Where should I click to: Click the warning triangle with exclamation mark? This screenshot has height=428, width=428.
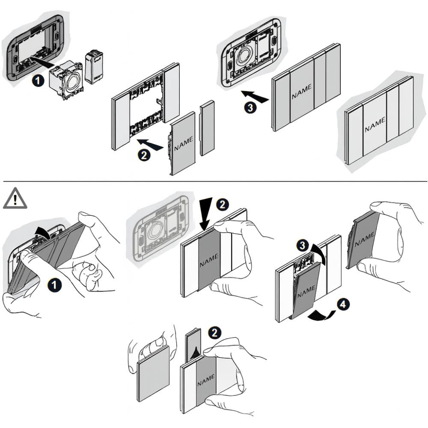click(15, 199)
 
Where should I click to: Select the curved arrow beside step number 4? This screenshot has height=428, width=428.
click(321, 315)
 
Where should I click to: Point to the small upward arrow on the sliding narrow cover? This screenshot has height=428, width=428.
click(195, 352)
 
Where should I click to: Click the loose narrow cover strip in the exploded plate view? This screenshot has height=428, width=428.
click(208, 128)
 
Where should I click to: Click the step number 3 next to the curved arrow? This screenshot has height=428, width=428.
click(302, 246)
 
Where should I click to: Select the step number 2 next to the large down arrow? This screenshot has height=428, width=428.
click(221, 205)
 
